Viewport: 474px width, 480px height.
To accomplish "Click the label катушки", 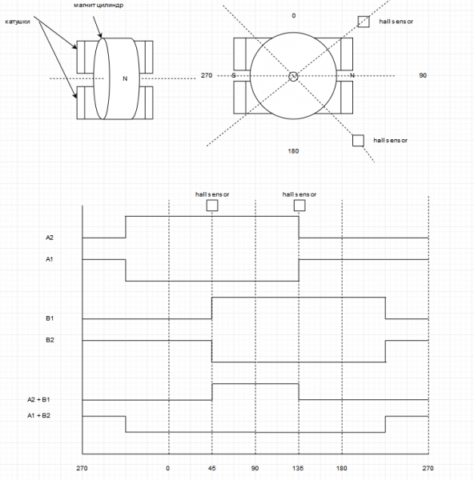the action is pyautogui.click(x=18, y=22).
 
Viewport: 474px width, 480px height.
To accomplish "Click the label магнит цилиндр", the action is pyautogui.click(x=98, y=6).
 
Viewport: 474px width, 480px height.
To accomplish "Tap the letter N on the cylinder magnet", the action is pyautogui.click(x=125, y=78).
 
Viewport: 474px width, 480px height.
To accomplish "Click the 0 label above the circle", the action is pyautogui.click(x=294, y=16).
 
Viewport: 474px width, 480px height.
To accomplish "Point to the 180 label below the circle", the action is pyautogui.click(x=293, y=151).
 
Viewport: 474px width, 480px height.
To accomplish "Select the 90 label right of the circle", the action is pyautogui.click(x=423, y=75).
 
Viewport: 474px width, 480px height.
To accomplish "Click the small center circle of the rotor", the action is pyautogui.click(x=293, y=77).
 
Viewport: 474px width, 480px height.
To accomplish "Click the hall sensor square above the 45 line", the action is pyautogui.click(x=212, y=206).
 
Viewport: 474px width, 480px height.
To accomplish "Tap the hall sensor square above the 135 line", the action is pyautogui.click(x=299, y=206).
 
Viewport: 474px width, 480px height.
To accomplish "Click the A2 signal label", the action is pyautogui.click(x=50, y=238).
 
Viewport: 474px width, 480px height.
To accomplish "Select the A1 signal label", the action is pyautogui.click(x=50, y=259).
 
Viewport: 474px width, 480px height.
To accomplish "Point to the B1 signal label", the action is pyautogui.click(x=50, y=318).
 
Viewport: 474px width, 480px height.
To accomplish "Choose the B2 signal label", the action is pyautogui.click(x=50, y=340).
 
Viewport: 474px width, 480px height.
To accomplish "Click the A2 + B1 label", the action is pyautogui.click(x=38, y=399).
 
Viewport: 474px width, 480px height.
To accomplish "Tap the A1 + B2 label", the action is pyautogui.click(x=38, y=415).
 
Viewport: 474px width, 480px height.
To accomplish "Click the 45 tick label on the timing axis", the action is pyautogui.click(x=211, y=468).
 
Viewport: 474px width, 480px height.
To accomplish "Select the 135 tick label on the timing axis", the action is pyautogui.click(x=298, y=468).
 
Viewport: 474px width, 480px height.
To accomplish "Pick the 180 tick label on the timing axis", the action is pyautogui.click(x=342, y=468).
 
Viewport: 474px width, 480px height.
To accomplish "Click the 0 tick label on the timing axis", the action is pyautogui.click(x=167, y=468).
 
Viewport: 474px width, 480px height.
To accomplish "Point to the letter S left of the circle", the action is pyautogui.click(x=234, y=75).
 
